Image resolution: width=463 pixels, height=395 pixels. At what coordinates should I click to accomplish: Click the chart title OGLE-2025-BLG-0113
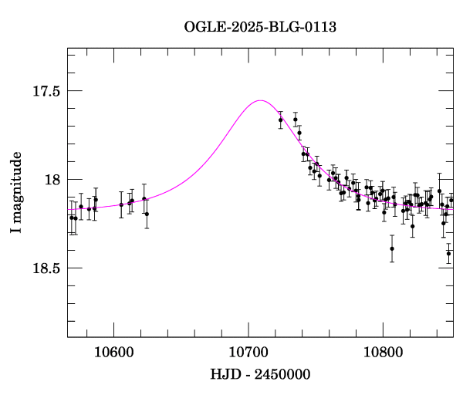[x=260, y=26]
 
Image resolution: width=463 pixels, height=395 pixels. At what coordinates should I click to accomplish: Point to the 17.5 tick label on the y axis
[x=46, y=91]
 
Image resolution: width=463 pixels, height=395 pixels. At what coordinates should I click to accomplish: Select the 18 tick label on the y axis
[x=51, y=180]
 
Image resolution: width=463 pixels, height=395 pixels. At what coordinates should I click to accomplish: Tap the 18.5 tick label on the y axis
[x=46, y=268]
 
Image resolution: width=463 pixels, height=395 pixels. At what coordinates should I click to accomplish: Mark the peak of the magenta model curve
[x=261, y=100]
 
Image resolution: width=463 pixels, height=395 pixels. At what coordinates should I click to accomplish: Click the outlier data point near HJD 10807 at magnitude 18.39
[x=392, y=248]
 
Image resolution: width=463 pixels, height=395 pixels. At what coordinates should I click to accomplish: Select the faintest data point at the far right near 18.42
[x=448, y=253]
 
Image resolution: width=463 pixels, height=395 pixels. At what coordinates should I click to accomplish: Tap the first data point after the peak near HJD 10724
[x=281, y=120]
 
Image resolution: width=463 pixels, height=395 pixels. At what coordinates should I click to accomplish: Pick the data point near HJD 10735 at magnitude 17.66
[x=296, y=120]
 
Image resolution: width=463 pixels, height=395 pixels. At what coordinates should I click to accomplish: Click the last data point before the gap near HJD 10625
[x=147, y=214]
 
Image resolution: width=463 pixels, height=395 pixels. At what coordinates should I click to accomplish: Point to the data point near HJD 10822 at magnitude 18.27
[x=413, y=226]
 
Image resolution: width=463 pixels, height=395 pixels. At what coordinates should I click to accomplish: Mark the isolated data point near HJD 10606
[x=121, y=204]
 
